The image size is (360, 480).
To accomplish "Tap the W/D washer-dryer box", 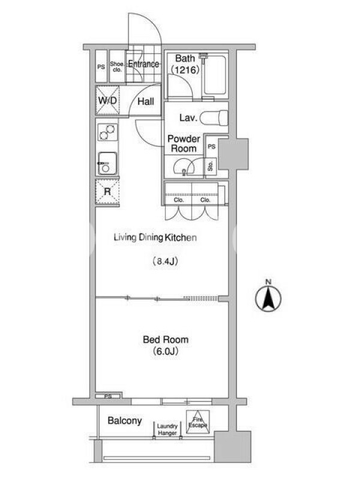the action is (107, 100).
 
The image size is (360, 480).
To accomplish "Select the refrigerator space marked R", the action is (107, 192).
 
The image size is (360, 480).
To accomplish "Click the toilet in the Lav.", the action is (214, 118).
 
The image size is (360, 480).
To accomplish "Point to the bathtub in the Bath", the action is (215, 74).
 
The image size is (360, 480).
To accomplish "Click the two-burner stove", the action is (107, 132).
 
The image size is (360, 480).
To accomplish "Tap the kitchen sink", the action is (107, 163).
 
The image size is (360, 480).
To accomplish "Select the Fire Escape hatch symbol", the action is (198, 422).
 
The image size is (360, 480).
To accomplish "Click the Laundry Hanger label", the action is (167, 430).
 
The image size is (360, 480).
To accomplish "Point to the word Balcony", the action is (125, 421).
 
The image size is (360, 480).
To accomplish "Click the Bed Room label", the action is (166, 340).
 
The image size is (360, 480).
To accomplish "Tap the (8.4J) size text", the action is (166, 262).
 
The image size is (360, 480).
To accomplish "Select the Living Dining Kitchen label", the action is (155, 238).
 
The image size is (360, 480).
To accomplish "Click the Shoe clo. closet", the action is (117, 67).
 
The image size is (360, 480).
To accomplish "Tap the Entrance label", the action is (143, 64).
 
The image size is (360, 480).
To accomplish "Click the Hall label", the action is (145, 101).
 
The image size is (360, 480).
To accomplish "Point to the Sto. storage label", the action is (211, 166).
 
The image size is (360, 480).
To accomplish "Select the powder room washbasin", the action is (184, 168).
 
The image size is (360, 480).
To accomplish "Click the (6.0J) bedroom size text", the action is (166, 351).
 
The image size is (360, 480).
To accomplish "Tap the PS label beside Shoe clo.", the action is (101, 67).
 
